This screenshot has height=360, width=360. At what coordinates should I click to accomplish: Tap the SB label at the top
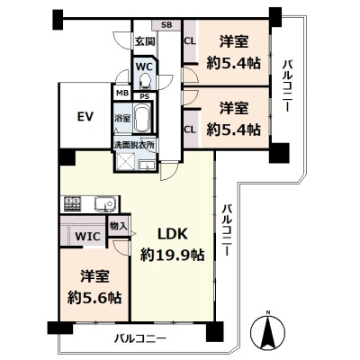(x=167, y=26)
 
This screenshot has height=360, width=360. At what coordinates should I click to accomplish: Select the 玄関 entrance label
(x=145, y=40)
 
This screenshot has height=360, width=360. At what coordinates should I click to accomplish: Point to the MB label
(x=121, y=92)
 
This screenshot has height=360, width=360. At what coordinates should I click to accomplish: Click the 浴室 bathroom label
(x=121, y=118)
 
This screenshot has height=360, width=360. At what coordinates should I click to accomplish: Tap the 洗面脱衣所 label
(x=133, y=144)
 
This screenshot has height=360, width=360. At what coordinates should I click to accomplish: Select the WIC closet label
(x=86, y=237)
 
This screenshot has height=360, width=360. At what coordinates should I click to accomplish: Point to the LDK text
(x=172, y=233)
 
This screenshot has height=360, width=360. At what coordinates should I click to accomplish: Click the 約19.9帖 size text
(x=172, y=255)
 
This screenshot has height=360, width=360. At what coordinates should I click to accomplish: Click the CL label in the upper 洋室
(x=190, y=40)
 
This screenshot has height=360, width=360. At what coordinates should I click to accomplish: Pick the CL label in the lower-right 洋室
(x=190, y=130)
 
